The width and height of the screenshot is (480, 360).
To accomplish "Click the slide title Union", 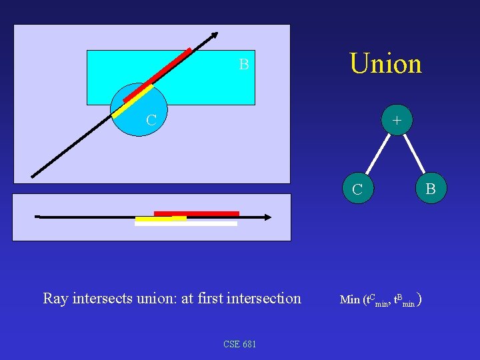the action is coord(385,64).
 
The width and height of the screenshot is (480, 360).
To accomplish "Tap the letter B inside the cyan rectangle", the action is coord(244,65).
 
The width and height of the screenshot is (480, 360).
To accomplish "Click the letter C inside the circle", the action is coord(151,121).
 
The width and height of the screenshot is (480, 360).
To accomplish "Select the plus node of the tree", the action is coord(397,121).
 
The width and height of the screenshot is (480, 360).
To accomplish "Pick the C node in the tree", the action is coord(357,189).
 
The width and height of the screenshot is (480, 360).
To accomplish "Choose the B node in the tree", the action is coord(431,189).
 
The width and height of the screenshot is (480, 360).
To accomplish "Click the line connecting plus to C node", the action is coord(377,155).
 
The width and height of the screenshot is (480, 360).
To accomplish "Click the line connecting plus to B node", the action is coord(414,155).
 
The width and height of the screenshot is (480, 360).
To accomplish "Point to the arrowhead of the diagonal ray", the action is coord(215,35).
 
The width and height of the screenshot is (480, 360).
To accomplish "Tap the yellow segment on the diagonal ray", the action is coord(132,102).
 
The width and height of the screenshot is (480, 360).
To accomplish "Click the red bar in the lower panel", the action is coord(197,213).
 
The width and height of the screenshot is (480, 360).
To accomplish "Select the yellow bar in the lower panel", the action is coord(160,219).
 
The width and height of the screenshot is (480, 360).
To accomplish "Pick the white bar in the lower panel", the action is coord(186,224).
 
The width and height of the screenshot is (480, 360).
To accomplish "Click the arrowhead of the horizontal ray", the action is coord(267,217).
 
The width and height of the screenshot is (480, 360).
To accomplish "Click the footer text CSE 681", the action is coord(240,344).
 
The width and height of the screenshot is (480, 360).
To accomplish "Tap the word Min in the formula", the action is coord(349,300).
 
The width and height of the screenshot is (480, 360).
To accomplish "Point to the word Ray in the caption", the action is coord(55,299).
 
